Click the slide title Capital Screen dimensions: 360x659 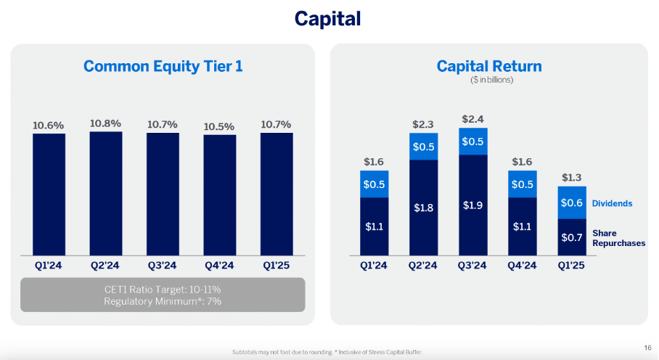pyautogui.click(x=327, y=18)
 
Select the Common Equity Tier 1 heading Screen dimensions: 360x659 pyautogui.click(x=163, y=67)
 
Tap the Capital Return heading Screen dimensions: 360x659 pyautogui.click(x=489, y=67)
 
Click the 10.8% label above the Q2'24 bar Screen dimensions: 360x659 pyautogui.click(x=105, y=123)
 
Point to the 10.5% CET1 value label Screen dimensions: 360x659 pyautogui.click(x=219, y=127)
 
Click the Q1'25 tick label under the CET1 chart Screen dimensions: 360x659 pyautogui.click(x=276, y=265)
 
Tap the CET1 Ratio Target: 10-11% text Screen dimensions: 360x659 pyautogui.click(x=163, y=289)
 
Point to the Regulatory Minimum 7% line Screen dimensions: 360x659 pyautogui.click(x=163, y=301)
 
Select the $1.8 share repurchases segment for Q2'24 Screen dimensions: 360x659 pyautogui.click(x=423, y=208)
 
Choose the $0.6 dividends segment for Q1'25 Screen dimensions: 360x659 pyautogui.click(x=572, y=203)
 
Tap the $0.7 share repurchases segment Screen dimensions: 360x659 pyautogui.click(x=572, y=237)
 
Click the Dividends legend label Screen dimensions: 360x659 pyautogui.click(x=612, y=204)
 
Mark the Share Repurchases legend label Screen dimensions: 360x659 pyautogui.click(x=618, y=238)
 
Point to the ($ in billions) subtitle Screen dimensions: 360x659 pyautogui.click(x=489, y=80)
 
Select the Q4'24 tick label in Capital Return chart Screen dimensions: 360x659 pyautogui.click(x=523, y=266)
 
